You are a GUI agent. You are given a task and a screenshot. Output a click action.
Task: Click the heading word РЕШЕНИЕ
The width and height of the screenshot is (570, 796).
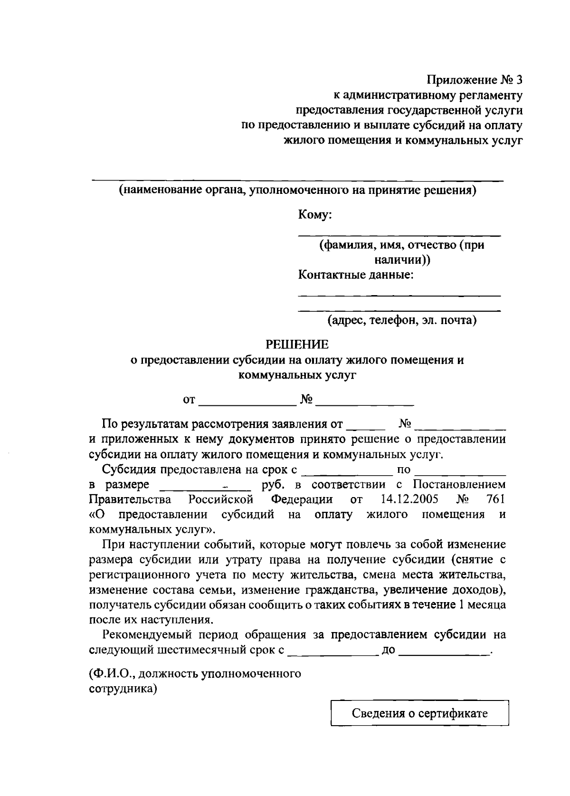click(296, 344)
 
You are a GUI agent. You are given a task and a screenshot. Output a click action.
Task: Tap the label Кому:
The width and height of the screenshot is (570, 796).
click(315, 215)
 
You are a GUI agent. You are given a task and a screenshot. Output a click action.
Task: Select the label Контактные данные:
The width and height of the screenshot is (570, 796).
click(356, 275)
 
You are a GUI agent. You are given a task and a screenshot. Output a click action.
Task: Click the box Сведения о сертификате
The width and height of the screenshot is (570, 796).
click(419, 713)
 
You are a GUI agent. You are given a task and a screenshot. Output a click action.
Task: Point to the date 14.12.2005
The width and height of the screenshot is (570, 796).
click(410, 500)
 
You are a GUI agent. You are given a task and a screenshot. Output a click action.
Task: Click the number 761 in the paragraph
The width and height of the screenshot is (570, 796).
click(496, 500)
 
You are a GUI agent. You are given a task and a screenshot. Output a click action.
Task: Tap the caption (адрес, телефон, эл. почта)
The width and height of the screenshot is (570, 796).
click(401, 321)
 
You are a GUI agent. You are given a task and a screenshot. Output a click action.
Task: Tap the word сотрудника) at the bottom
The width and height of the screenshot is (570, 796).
click(123, 689)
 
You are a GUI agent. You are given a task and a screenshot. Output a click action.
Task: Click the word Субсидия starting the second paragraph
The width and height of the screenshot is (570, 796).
click(131, 470)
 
